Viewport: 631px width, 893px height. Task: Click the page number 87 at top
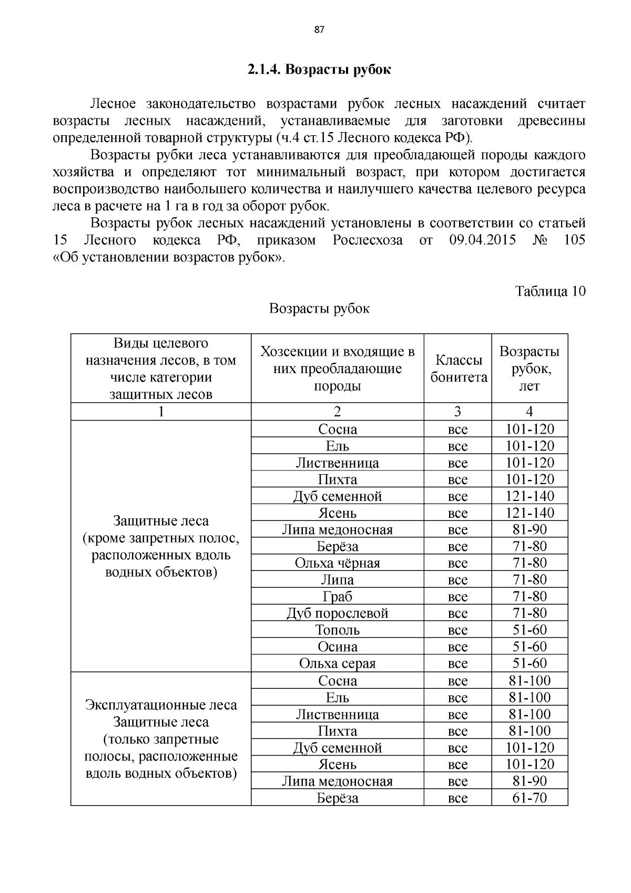click(x=319, y=30)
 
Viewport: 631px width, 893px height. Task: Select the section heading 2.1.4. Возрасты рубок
click(x=319, y=69)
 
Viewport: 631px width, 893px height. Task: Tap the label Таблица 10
click(x=550, y=292)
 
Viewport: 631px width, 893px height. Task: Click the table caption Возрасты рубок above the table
click(x=319, y=308)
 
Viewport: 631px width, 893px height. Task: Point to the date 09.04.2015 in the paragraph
click(x=482, y=240)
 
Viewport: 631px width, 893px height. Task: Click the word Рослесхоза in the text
click(x=368, y=240)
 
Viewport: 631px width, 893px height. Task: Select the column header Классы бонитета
click(x=458, y=369)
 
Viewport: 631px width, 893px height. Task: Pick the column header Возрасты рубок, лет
click(x=529, y=369)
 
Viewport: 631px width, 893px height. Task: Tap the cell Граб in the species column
click(x=337, y=597)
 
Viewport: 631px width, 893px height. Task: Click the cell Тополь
click(x=337, y=630)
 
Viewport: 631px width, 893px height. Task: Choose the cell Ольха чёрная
click(x=337, y=563)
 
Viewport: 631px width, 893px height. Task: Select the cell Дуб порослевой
click(x=337, y=614)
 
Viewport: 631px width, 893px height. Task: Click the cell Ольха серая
click(x=337, y=664)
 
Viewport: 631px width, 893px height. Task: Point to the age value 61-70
click(x=530, y=798)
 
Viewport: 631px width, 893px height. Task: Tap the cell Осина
click(x=337, y=647)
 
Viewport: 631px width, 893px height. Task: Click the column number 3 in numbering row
click(x=457, y=412)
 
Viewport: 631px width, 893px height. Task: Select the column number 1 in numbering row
click(x=161, y=412)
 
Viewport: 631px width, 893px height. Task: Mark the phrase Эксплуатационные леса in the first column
click(x=161, y=705)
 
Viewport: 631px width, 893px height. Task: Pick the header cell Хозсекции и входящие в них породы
click(x=337, y=369)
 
